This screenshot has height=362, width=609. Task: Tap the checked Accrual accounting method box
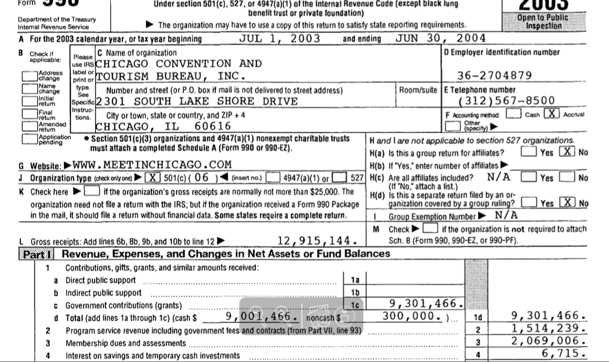coord(552,114)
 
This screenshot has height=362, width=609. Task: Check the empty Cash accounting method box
coord(513,114)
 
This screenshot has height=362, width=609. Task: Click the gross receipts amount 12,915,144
coord(318,241)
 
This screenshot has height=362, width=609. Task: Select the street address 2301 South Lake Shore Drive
coord(197,101)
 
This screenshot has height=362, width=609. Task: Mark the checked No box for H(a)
coord(566,152)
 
